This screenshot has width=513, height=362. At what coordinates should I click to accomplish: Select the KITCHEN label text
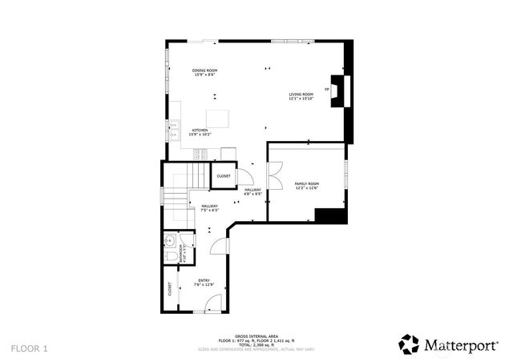click(x=200, y=131)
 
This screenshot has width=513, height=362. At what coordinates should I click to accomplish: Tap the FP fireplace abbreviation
click(x=327, y=90)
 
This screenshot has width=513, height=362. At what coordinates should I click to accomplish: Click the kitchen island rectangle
click(x=216, y=119)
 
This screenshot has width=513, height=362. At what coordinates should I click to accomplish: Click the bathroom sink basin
click(x=169, y=240)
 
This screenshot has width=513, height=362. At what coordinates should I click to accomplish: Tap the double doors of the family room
click(x=275, y=171)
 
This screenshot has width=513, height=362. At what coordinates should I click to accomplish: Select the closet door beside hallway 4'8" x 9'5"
click(x=248, y=173)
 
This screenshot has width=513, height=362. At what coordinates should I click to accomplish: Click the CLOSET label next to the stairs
click(x=223, y=175)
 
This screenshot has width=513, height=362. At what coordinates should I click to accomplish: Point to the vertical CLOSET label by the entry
click(x=170, y=289)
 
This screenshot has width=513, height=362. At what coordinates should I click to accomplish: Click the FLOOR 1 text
click(x=30, y=348)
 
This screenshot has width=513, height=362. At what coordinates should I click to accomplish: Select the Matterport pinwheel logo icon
click(x=409, y=344)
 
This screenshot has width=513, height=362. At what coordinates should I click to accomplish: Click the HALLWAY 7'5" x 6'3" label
click(x=209, y=208)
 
